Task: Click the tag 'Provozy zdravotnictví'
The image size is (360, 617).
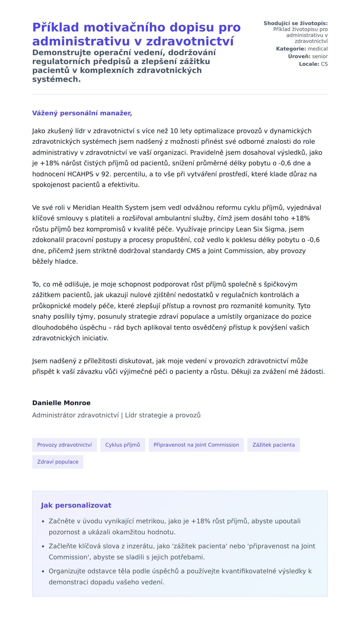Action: click(64, 445)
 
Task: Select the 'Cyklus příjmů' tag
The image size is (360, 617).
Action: click(123, 445)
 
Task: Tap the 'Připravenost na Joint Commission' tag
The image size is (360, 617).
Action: click(196, 445)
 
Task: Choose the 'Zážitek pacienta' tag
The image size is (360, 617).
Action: click(274, 445)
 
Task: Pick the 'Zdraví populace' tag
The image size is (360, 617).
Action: click(58, 462)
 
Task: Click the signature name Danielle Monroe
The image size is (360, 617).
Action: click(61, 403)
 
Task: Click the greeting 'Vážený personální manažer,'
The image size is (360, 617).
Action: click(82, 113)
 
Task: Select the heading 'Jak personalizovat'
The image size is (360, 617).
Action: click(76, 505)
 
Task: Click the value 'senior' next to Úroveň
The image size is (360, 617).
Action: click(320, 56)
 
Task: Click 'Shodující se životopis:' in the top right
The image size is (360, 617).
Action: click(295, 23)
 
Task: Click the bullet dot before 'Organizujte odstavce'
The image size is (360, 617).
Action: click(43, 571)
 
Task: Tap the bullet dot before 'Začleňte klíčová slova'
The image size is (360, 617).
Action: click(43, 546)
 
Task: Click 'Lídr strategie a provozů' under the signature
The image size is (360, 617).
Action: click(163, 415)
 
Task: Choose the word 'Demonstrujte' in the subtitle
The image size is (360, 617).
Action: click(61, 53)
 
